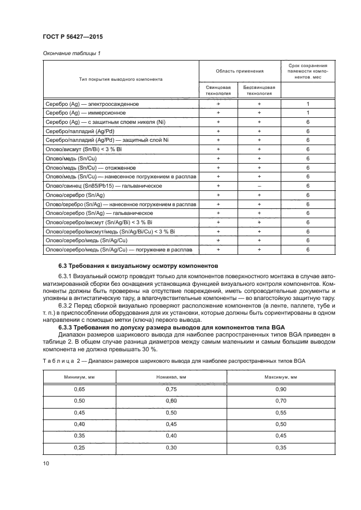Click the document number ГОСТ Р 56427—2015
pos(72,37)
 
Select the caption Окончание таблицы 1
pos(70,53)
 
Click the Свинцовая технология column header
pos(218,90)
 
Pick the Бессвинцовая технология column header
pos(259,90)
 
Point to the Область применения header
pos(239,71)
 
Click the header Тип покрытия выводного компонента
pos(121,79)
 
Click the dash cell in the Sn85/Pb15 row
pos(259,187)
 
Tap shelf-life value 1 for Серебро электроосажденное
pos(308,104)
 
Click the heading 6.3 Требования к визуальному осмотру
pos(138,266)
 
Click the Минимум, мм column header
pos(80,376)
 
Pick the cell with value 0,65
pos(80,389)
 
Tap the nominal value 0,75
pos(171,389)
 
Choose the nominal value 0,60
pos(171,401)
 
